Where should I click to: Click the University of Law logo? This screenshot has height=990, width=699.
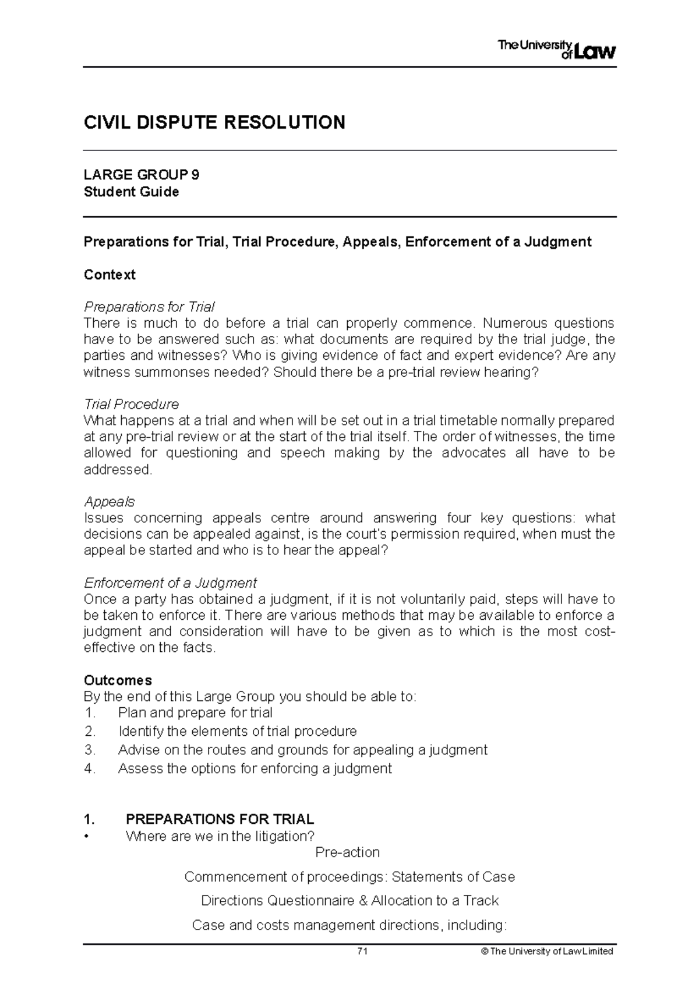pyautogui.click(x=556, y=50)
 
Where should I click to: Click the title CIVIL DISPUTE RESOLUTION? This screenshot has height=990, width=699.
pyautogui.click(x=214, y=122)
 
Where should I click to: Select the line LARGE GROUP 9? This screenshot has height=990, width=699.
pyautogui.click(x=142, y=175)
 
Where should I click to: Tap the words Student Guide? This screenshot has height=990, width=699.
pyautogui.click(x=131, y=192)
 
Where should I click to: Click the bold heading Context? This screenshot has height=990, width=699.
pyautogui.click(x=110, y=275)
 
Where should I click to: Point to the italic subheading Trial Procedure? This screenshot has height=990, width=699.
pyautogui.click(x=131, y=404)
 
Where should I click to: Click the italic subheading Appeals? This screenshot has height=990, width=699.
pyautogui.click(x=109, y=501)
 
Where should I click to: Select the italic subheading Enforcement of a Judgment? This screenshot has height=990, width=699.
pyautogui.click(x=170, y=583)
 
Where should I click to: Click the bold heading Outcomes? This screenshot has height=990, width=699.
pyautogui.click(x=118, y=680)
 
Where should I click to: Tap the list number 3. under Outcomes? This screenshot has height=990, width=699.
pyautogui.click(x=89, y=750)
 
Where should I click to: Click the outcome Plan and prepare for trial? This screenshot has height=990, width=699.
pyautogui.click(x=195, y=712)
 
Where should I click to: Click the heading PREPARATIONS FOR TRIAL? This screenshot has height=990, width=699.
pyautogui.click(x=220, y=819)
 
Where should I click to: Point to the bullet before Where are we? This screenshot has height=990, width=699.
pyautogui.click(x=87, y=837)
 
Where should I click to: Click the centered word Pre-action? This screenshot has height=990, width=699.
pyautogui.click(x=347, y=852)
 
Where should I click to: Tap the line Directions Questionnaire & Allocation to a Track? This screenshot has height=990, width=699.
pyautogui.click(x=349, y=901)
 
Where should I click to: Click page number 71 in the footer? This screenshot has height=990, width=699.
pyautogui.click(x=362, y=951)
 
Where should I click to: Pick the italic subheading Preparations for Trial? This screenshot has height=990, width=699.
pyautogui.click(x=149, y=307)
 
